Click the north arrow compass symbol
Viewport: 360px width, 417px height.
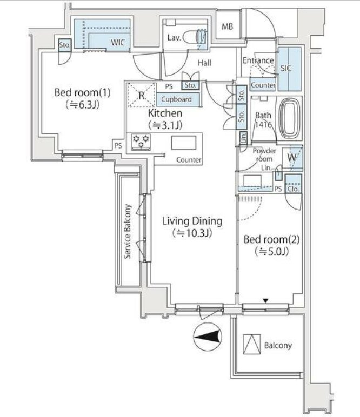[x=208, y=337]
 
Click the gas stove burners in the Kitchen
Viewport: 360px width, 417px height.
[x=141, y=142]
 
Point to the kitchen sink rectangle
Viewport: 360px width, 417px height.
[x=184, y=143]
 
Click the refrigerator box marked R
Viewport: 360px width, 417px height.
[x=142, y=95]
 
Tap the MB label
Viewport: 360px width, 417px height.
[x=227, y=26]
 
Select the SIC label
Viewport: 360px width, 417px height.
[x=286, y=68]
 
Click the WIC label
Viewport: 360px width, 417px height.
[x=118, y=42]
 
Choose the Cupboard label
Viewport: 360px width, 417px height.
[x=176, y=99]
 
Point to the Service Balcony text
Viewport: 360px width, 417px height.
[x=128, y=231]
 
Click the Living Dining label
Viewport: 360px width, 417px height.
[x=192, y=221]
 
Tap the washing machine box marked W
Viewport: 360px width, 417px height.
[x=292, y=157]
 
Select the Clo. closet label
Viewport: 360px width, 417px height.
[x=293, y=189]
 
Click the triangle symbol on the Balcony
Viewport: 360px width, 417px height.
[x=252, y=344]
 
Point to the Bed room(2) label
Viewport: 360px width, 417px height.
[x=272, y=239]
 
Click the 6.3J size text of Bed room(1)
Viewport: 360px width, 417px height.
[x=83, y=104]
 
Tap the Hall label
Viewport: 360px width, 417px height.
[x=204, y=63]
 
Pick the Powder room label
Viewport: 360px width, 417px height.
[x=264, y=155]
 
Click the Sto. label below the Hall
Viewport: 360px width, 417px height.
[x=190, y=85]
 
